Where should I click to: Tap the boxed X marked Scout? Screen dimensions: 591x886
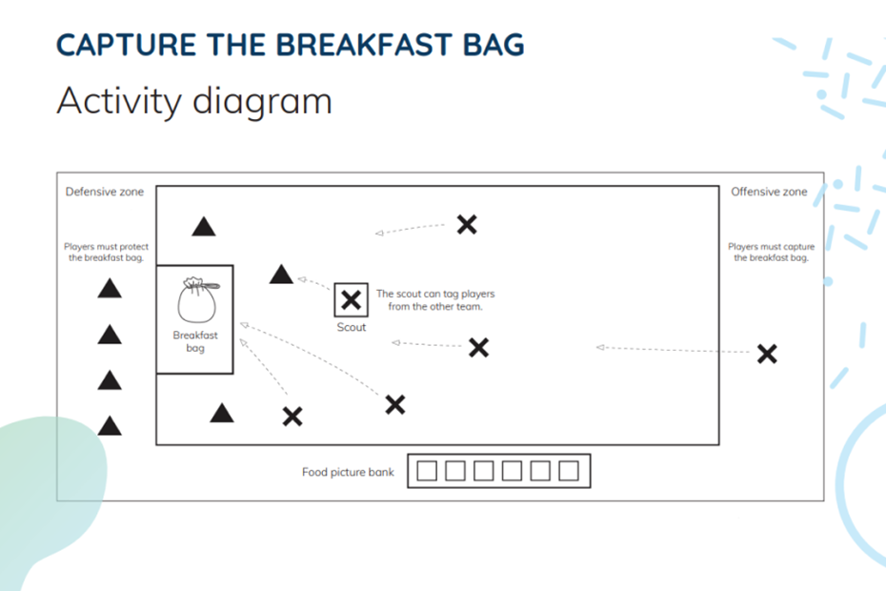tap(352, 300)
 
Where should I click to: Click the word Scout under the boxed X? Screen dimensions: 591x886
tap(352, 328)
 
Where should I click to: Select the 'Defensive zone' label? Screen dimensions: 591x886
tap(105, 192)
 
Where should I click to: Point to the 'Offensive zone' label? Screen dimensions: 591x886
tap(769, 192)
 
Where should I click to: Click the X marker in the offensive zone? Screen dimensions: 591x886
tap(767, 354)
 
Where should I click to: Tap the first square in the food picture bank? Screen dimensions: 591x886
tap(428, 471)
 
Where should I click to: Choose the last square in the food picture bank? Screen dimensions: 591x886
tap(569, 471)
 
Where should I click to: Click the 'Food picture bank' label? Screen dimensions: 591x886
tap(348, 472)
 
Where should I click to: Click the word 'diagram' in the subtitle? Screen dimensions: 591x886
tap(263, 100)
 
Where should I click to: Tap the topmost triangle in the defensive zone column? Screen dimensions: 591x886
tap(110, 289)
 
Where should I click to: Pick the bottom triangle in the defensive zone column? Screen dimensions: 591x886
tap(110, 425)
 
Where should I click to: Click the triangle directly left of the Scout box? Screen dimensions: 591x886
tap(281, 275)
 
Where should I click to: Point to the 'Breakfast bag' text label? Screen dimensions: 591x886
tap(195, 341)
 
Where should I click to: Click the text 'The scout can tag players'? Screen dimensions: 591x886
tap(435, 295)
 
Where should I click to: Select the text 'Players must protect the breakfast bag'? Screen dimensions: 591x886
tap(106, 253)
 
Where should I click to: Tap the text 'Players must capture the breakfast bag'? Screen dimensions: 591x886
tap(771, 253)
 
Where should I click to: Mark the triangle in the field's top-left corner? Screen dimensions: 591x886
tap(204, 227)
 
